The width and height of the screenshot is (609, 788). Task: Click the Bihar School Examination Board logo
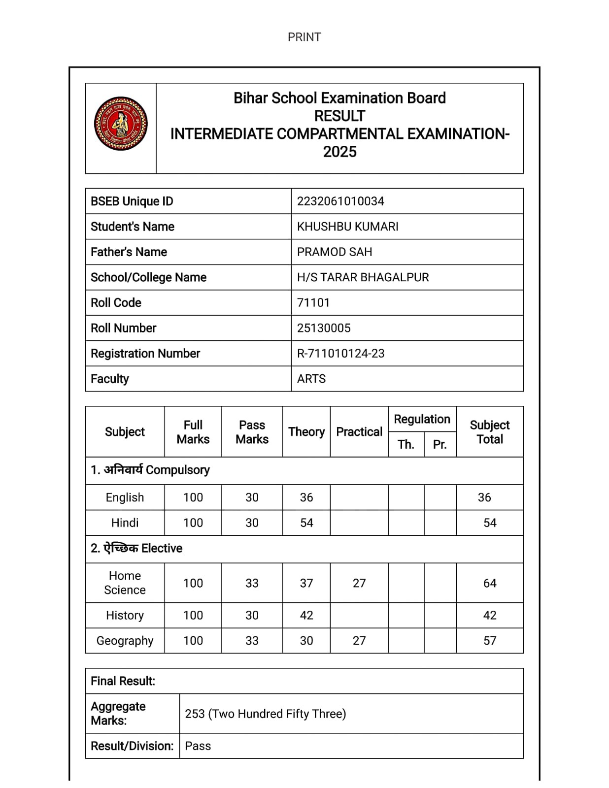pos(121,124)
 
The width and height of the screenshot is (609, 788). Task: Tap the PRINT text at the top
pos(304,37)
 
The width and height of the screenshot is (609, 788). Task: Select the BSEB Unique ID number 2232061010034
pos(340,201)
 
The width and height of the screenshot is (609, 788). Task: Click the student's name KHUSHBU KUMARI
pos(347,227)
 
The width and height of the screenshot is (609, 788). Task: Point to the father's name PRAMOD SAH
pos(335,252)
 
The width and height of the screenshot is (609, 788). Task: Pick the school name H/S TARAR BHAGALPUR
pos(363,277)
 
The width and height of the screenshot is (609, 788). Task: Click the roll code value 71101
pos(313,302)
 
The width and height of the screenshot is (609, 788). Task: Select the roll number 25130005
pos(324,328)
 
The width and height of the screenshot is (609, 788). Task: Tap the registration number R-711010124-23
pos(340,353)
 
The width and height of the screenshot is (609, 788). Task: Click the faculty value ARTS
pos(311,379)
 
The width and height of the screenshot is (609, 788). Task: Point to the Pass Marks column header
pos(252,432)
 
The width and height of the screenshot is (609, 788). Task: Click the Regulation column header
pos(422,419)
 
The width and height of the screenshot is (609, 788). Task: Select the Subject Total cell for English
pos(484,497)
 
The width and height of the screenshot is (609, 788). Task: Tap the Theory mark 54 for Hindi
pos(306,523)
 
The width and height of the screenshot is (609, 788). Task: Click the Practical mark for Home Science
pos(359,583)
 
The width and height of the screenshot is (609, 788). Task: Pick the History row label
pos(125,615)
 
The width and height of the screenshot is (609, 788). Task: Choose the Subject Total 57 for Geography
pos(490,640)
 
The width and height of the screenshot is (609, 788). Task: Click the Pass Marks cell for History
pos(252,615)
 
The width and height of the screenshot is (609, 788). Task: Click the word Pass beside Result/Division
pos(198,746)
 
